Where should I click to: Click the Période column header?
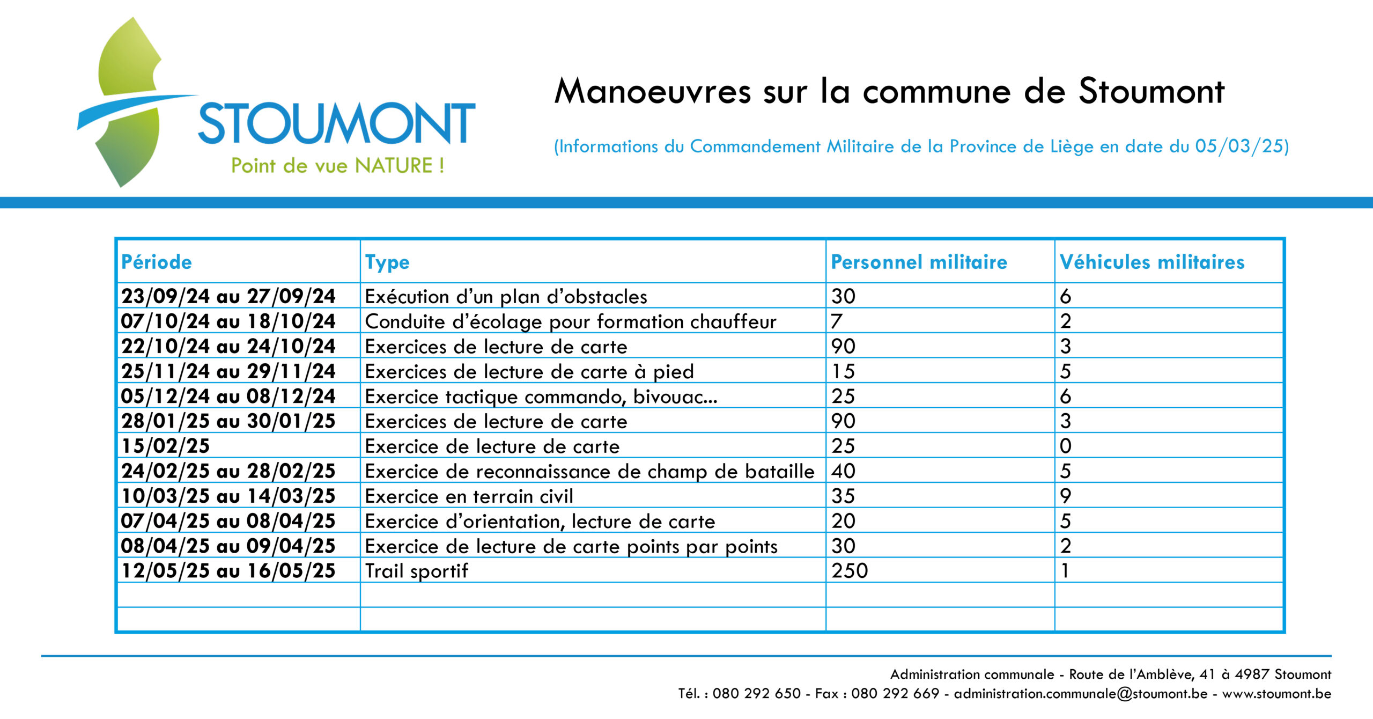pos(156,262)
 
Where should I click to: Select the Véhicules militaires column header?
pos(1152,262)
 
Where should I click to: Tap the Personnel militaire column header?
pos(919,262)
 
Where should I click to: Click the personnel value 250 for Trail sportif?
pos(850,570)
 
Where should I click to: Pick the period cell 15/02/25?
pos(165,446)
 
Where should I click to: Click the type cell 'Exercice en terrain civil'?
pos(469,496)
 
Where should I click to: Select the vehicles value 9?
pos(1066,496)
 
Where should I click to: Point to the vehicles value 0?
pos(1066,446)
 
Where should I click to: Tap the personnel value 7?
pos(837,321)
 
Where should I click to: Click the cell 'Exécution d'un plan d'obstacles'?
pos(506,296)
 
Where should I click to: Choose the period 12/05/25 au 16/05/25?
pos(228,570)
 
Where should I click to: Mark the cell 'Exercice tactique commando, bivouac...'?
pos(541,397)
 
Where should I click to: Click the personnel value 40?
pos(844,471)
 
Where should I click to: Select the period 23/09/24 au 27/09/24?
pos(228,296)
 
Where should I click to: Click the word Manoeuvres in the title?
pos(653,91)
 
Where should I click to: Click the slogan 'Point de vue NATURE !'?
pos(337,165)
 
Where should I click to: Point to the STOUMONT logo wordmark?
pos(337,123)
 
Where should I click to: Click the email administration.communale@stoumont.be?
pos(1081,693)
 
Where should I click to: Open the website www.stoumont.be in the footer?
pos(1276,693)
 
